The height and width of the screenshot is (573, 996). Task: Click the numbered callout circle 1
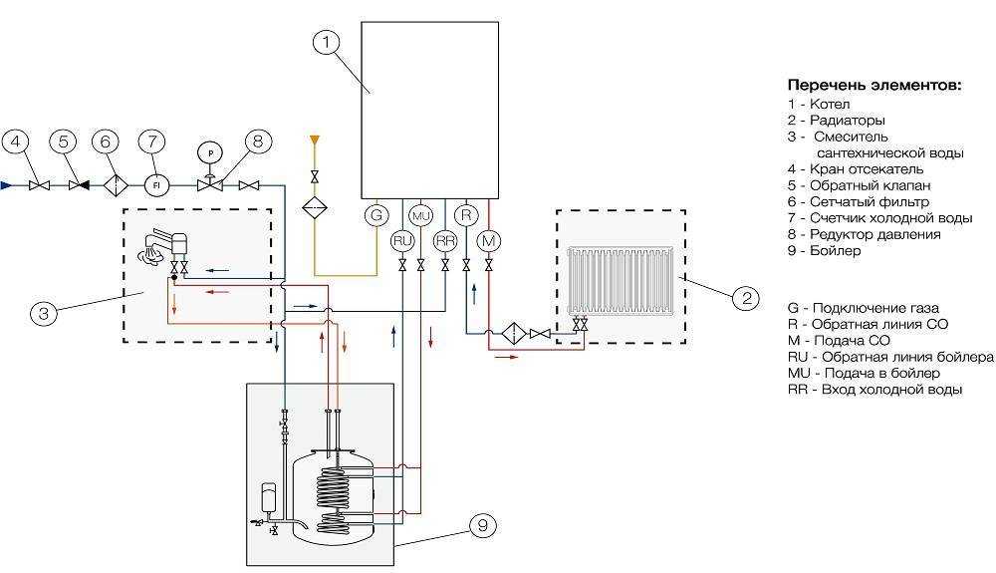(x=327, y=43)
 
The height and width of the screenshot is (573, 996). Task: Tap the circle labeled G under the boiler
(x=376, y=215)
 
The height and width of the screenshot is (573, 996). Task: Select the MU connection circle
(x=421, y=216)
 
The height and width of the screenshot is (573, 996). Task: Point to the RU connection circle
(x=402, y=241)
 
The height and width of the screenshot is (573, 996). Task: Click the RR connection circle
(x=445, y=241)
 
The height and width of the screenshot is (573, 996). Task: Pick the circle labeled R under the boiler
(x=467, y=215)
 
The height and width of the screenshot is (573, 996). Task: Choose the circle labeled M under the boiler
(x=488, y=241)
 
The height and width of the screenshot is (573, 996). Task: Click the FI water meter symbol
(x=155, y=185)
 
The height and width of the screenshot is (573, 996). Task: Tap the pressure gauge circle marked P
(x=210, y=152)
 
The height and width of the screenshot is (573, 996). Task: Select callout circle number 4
(x=17, y=143)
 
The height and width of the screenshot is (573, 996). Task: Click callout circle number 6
(x=106, y=143)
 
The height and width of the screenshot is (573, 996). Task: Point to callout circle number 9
(x=483, y=525)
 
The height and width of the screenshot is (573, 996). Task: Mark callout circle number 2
(x=746, y=297)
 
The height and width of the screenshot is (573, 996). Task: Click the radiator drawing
(x=620, y=281)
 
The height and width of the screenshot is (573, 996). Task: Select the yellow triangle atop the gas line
(x=314, y=140)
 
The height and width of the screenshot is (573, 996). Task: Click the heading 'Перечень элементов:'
(x=874, y=85)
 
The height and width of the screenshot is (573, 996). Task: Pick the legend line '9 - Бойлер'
(x=824, y=250)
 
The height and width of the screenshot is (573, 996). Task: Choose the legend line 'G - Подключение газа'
(x=863, y=308)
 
